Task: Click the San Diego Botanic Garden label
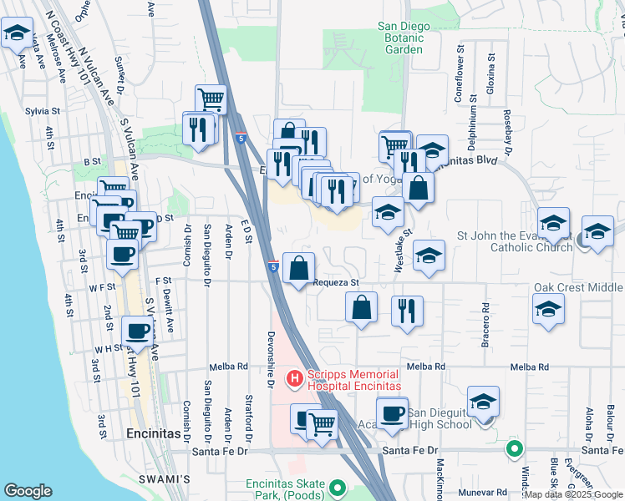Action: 404,38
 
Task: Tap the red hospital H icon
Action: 294,380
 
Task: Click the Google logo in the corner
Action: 28,491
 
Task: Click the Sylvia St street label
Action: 43,110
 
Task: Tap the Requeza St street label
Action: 335,282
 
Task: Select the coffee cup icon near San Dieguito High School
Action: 392,412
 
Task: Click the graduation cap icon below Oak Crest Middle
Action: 548,309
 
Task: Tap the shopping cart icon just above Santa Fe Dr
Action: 322,424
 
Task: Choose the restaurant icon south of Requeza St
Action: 407,311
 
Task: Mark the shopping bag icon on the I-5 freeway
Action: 298,268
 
